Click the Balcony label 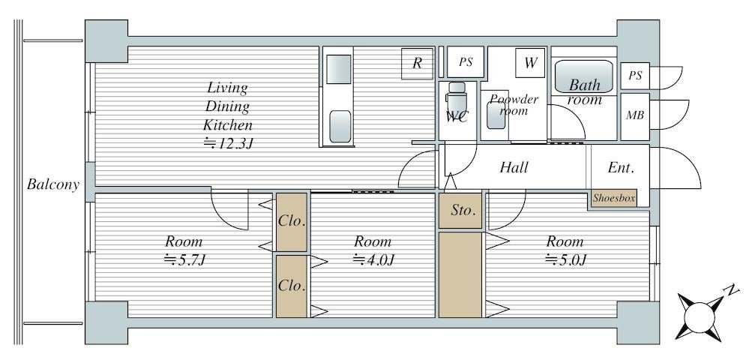pyautogui.click(x=52, y=184)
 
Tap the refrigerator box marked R pyautogui.click(x=417, y=63)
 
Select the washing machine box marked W pyautogui.click(x=530, y=63)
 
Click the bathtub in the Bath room pyautogui.click(x=583, y=76)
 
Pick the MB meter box pyautogui.click(x=635, y=116)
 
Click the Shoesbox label pyautogui.click(x=614, y=198)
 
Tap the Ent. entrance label pyautogui.click(x=621, y=168)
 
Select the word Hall pyautogui.click(x=514, y=167)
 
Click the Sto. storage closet pyautogui.click(x=460, y=211)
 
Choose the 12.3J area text pyautogui.click(x=228, y=143)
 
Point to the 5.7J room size pyautogui.click(x=184, y=259)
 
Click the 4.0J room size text pyautogui.click(x=373, y=259)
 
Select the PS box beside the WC pyautogui.click(x=466, y=61)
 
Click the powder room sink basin pyautogui.click(x=496, y=115)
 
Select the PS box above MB pyautogui.click(x=635, y=76)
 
